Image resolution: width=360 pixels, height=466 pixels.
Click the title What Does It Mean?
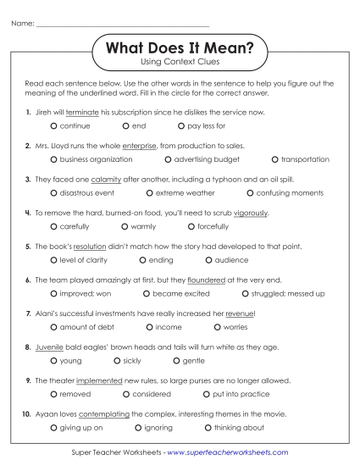click(180, 49)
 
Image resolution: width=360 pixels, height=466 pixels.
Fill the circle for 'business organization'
click(53, 158)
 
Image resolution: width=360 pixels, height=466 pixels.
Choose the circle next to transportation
click(274, 158)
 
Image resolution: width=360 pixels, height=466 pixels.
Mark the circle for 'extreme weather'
click(147, 192)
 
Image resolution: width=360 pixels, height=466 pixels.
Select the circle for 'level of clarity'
click(53, 259)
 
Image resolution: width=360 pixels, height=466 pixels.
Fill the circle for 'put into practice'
click(207, 394)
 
